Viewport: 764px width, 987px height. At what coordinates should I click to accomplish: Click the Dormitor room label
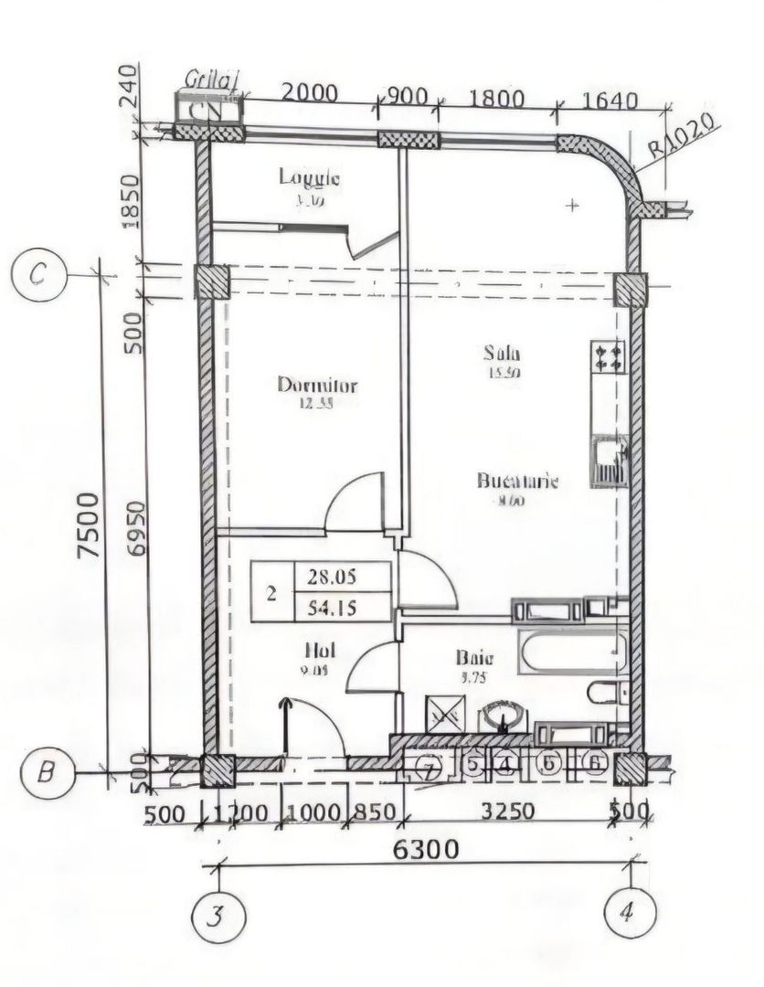coord(316,386)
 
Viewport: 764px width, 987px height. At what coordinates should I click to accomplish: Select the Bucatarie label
coord(516,482)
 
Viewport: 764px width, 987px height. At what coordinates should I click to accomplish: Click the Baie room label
coord(474,657)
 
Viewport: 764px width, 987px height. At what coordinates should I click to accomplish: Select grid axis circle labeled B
coord(46,773)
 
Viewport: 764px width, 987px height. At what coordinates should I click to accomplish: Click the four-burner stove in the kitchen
coord(609,357)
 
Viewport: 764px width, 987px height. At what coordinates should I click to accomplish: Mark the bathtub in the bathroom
coord(570,652)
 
